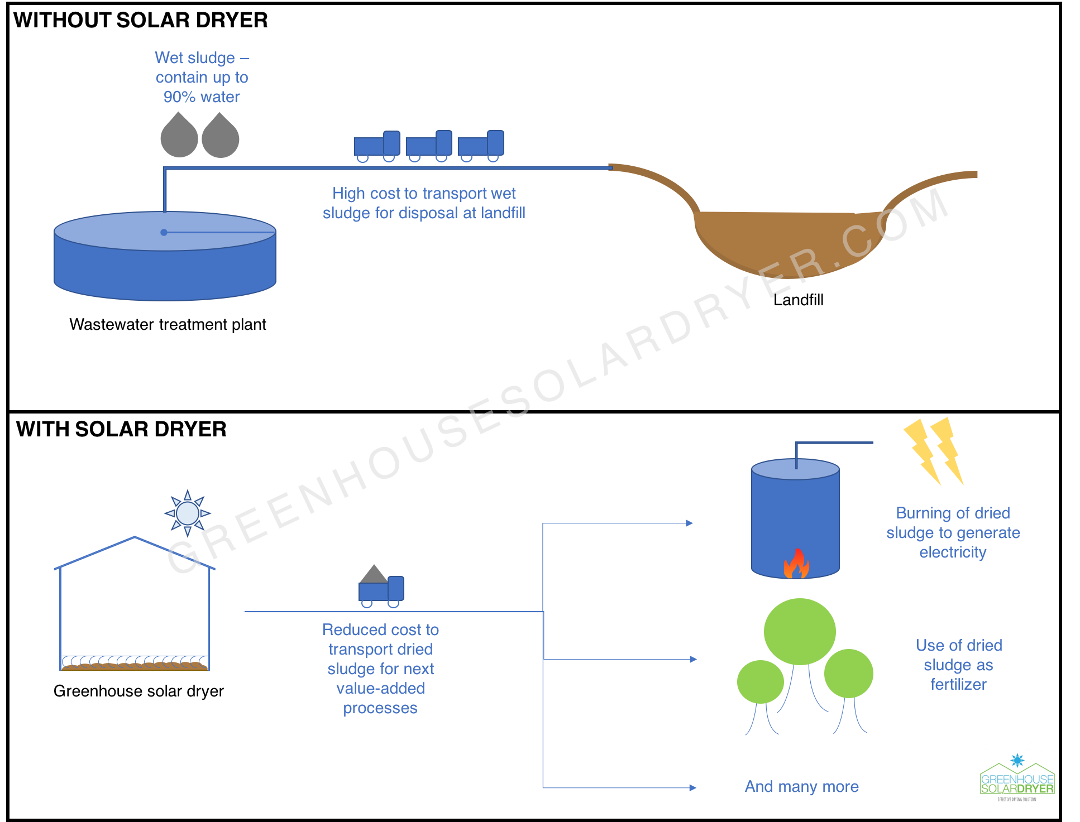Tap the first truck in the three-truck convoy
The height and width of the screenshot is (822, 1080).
click(377, 146)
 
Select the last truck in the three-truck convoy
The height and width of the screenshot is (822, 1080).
click(481, 146)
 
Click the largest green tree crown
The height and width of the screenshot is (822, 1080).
click(800, 631)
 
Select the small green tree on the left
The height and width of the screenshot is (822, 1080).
click(760, 681)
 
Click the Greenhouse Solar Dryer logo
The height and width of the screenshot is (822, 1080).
click(1017, 777)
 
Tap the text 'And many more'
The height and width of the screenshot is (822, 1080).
click(801, 786)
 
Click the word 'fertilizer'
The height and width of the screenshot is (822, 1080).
click(958, 684)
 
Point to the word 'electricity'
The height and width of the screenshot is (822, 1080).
click(953, 552)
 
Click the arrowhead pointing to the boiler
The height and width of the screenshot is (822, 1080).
click(690, 523)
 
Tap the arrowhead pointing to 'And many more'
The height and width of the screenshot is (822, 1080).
click(693, 787)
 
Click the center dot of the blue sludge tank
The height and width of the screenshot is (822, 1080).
click(164, 232)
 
